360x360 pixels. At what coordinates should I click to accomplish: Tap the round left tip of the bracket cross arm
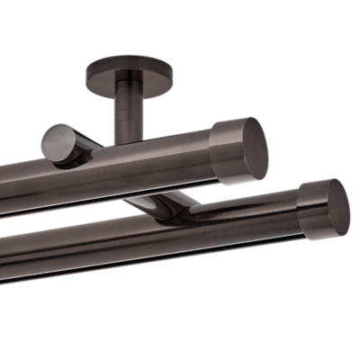(58, 143)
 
